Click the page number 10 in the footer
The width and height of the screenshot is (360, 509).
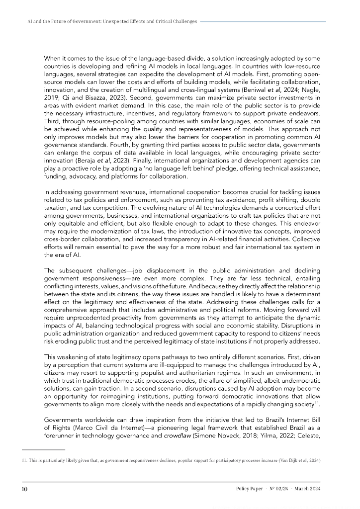pos(24,489)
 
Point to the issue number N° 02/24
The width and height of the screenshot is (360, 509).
pos(276,489)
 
